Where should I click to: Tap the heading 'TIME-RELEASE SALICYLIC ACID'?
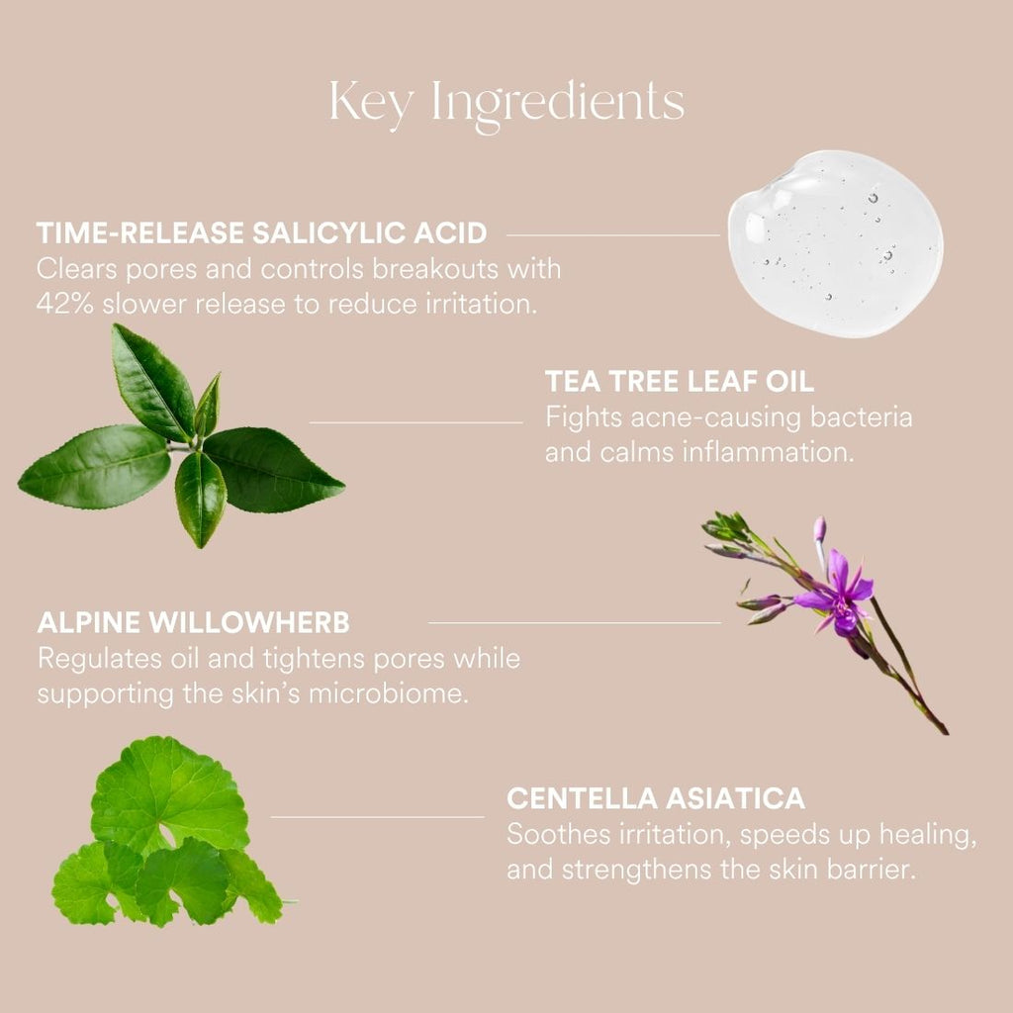[261, 233]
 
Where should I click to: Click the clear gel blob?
[835, 243]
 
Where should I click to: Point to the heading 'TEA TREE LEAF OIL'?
[680, 381]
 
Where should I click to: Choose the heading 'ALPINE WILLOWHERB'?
[193, 623]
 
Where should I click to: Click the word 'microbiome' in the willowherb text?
[388, 693]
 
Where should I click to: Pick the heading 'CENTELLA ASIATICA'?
[656, 798]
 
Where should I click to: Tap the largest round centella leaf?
[169, 791]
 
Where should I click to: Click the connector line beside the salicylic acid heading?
[613, 235]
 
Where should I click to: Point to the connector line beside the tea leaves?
[416, 422]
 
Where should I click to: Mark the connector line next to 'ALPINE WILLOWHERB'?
[575, 623]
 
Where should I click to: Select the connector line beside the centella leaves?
[377, 816]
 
